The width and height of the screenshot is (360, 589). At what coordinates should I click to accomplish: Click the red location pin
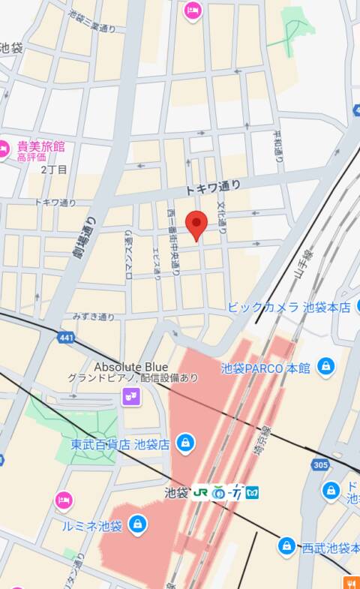click(196, 223)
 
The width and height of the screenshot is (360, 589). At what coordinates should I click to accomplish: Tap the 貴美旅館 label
click(37, 145)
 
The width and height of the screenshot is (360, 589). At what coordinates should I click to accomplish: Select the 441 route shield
click(65, 339)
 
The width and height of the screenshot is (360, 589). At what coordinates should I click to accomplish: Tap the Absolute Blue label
click(130, 367)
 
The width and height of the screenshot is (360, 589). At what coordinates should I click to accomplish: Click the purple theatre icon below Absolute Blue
click(132, 395)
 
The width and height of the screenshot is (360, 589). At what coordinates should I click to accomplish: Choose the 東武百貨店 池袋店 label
click(120, 443)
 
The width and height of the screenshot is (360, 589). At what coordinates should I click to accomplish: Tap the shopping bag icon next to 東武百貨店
click(184, 443)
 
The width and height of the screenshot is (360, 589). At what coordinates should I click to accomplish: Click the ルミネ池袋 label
click(92, 525)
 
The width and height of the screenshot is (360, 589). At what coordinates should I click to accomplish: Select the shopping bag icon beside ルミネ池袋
click(137, 524)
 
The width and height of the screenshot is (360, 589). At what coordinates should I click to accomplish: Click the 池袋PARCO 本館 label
click(265, 368)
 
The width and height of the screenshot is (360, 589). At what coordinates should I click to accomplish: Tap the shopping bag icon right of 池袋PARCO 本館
click(325, 366)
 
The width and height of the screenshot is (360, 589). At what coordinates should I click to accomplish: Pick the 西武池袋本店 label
click(330, 548)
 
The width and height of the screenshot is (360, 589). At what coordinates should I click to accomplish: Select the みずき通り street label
click(94, 317)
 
